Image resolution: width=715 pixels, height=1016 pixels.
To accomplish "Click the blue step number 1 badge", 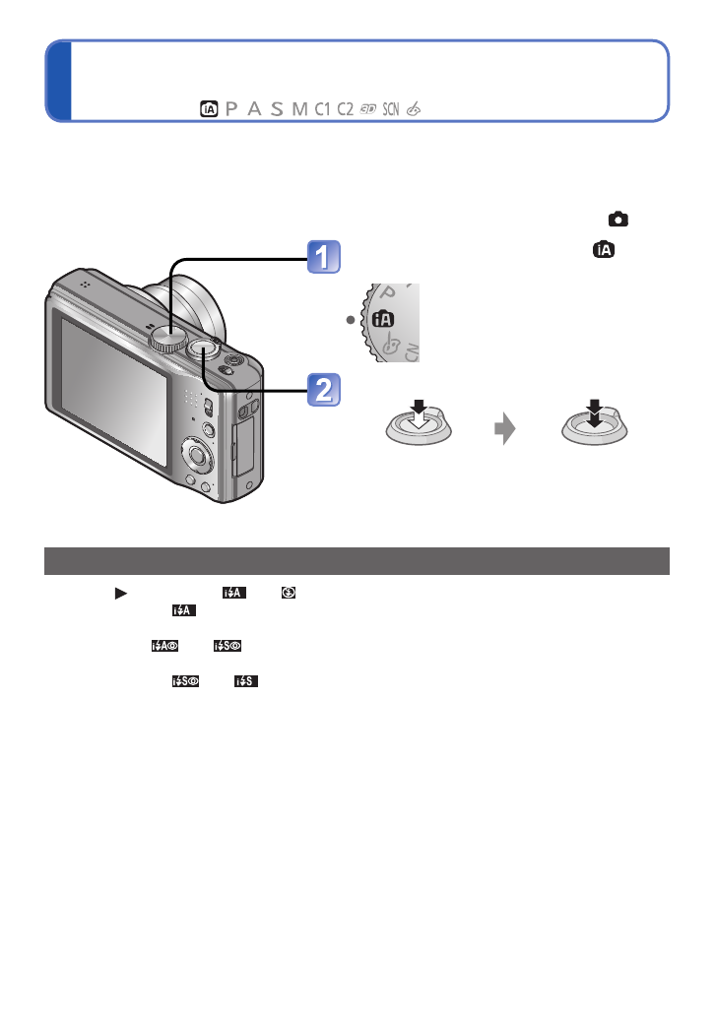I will [x=322, y=258].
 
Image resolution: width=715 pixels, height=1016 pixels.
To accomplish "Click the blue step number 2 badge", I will [x=322, y=391].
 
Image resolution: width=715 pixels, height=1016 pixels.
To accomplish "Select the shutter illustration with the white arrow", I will [x=417, y=422].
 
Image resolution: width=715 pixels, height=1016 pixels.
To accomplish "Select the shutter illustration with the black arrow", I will [x=593, y=421].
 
